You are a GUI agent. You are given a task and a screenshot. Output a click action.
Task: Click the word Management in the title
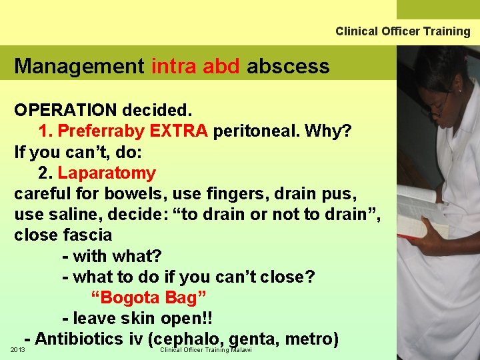click(79, 66)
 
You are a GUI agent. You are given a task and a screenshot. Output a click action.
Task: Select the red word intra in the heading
click(174, 66)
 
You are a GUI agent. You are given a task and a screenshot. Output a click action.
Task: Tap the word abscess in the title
click(288, 66)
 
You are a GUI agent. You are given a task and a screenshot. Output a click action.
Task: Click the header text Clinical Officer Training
click(403, 31)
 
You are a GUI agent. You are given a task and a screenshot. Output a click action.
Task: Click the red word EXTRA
click(179, 131)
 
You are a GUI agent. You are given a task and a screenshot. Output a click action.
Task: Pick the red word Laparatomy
click(107, 173)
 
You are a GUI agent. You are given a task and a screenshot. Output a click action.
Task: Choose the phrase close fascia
click(63, 235)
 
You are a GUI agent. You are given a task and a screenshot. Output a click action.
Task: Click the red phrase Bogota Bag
click(148, 297)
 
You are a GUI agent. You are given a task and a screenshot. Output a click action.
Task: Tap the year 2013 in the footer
click(18, 350)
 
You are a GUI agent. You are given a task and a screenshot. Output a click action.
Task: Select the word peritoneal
click(256, 131)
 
